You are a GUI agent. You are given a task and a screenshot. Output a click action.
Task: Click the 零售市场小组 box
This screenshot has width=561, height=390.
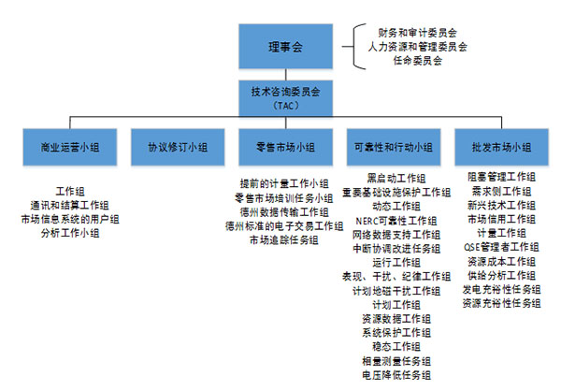(x=284, y=148)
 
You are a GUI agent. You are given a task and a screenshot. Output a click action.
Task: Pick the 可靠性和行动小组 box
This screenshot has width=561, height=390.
(x=393, y=148)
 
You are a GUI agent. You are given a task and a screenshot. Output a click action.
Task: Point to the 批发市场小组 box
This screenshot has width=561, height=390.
(x=500, y=148)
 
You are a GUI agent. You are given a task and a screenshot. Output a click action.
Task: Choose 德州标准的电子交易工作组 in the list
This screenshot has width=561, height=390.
(x=284, y=226)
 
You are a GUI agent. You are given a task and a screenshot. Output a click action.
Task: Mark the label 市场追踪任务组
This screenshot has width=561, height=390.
(x=284, y=239)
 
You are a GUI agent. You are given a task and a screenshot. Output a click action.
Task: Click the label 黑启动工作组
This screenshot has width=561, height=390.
(x=396, y=179)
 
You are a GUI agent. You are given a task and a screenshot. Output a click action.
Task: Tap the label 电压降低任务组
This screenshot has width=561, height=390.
(x=396, y=375)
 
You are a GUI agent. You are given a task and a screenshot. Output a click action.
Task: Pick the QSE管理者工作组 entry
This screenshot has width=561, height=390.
(x=500, y=247)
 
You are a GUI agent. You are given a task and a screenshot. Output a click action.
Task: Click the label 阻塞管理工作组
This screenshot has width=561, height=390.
(x=501, y=177)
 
